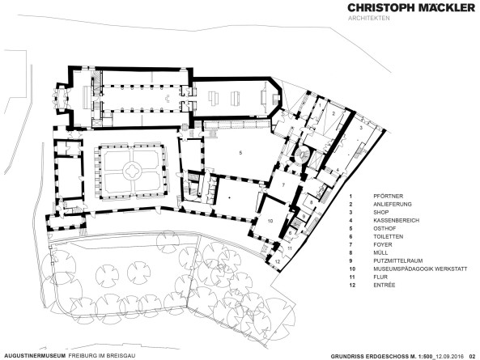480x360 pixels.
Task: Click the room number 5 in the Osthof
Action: (240, 152)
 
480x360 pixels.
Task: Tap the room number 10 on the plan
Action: (271, 219)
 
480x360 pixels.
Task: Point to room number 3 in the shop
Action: (360, 128)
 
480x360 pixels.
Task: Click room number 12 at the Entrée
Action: (277, 261)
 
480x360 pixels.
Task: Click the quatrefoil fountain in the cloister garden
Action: (130, 170)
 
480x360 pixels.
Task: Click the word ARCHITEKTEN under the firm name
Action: (370, 20)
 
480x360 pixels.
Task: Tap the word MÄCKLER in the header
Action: (440, 7)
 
